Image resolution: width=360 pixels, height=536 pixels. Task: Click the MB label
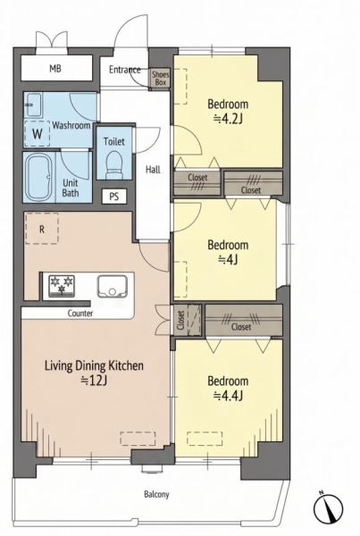[55, 69]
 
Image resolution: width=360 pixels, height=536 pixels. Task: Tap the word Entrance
[125, 70]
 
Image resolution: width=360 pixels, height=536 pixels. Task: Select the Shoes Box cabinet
[161, 78]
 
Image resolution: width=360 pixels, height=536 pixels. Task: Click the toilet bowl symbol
[114, 164]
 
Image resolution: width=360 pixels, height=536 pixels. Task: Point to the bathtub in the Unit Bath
[39, 177]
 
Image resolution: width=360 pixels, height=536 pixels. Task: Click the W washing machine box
[38, 133]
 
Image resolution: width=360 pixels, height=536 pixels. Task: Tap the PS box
[114, 197]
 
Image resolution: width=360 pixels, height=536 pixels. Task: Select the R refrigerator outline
[42, 229]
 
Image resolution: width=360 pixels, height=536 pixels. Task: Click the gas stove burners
[62, 286]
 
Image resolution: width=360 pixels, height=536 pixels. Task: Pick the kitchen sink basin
[113, 286]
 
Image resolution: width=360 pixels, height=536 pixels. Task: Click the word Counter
[80, 314]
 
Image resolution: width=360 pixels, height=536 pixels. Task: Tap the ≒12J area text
[94, 381]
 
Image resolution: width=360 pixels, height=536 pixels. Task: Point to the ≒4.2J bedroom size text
[228, 119]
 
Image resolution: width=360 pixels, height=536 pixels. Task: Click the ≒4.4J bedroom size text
[228, 396]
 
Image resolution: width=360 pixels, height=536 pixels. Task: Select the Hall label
[153, 169]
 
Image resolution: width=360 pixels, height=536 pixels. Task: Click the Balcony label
[156, 494]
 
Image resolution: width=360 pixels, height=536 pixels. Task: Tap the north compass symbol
[328, 507]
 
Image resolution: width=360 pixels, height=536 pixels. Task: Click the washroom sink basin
[34, 105]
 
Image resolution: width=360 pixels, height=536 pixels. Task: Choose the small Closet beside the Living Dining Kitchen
[187, 320]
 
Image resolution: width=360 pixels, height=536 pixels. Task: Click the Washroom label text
[71, 125]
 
